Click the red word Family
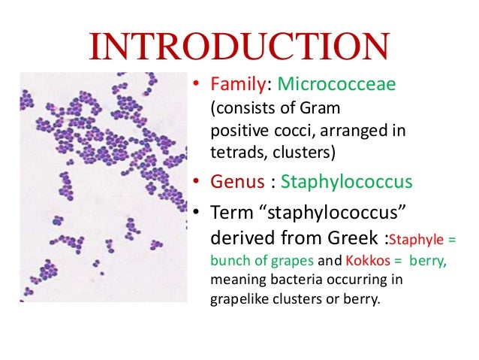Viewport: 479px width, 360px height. (x=230, y=85)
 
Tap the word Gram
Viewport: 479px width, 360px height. (x=323, y=109)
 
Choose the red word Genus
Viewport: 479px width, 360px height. (x=233, y=183)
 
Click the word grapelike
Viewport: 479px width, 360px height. (x=239, y=301)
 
